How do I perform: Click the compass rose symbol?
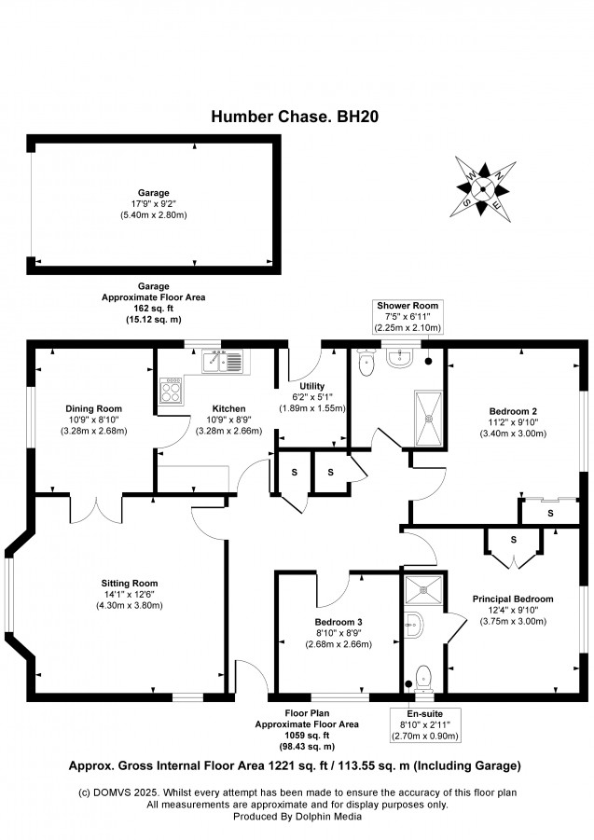[x=483, y=189]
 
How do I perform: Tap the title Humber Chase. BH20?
[x=295, y=117]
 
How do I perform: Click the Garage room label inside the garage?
[x=154, y=193]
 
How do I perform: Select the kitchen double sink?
[x=222, y=361]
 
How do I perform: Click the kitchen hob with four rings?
[x=171, y=390]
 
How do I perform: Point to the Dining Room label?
[x=94, y=408]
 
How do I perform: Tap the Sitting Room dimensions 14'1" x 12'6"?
[x=130, y=594]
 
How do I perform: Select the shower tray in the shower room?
[x=429, y=419]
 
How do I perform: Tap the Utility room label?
[x=312, y=386]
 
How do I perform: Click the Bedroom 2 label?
[x=513, y=411]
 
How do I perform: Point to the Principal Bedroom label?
[x=513, y=599]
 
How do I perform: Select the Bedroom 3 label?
[x=338, y=622]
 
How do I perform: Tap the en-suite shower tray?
[x=423, y=590]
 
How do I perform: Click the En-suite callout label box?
[x=425, y=724]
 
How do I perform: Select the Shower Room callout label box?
[x=408, y=317]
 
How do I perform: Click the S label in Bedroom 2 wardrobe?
[x=550, y=513]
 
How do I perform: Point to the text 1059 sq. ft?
[x=307, y=736]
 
